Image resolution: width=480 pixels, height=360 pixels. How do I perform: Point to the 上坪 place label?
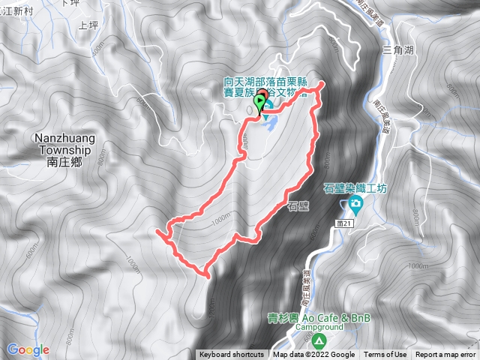88,24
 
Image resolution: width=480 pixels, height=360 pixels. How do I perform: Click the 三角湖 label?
398,50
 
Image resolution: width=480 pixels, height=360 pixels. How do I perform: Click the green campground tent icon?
320,340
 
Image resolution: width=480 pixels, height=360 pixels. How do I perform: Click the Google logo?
28,349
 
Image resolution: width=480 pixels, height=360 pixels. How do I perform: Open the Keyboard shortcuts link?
231,355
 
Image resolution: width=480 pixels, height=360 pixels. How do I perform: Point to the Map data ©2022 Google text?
313,355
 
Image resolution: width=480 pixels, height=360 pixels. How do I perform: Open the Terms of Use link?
385,355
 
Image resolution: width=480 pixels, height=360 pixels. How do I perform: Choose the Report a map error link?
445,355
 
